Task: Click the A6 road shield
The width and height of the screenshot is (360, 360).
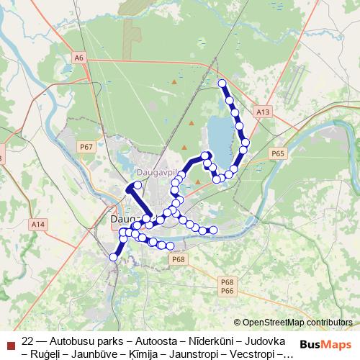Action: point(78,57)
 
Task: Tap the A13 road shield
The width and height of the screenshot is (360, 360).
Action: point(263,112)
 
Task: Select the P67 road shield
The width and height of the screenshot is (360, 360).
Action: point(87,147)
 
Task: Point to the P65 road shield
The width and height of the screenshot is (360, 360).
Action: point(279,153)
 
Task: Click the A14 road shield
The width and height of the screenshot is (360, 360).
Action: point(37,225)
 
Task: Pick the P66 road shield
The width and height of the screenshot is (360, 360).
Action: point(228,290)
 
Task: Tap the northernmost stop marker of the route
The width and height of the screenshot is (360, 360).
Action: point(222,84)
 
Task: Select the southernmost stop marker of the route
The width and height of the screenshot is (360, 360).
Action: point(113,256)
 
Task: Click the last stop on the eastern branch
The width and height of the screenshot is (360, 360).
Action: point(213,230)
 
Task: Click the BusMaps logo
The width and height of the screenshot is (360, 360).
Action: point(325,344)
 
